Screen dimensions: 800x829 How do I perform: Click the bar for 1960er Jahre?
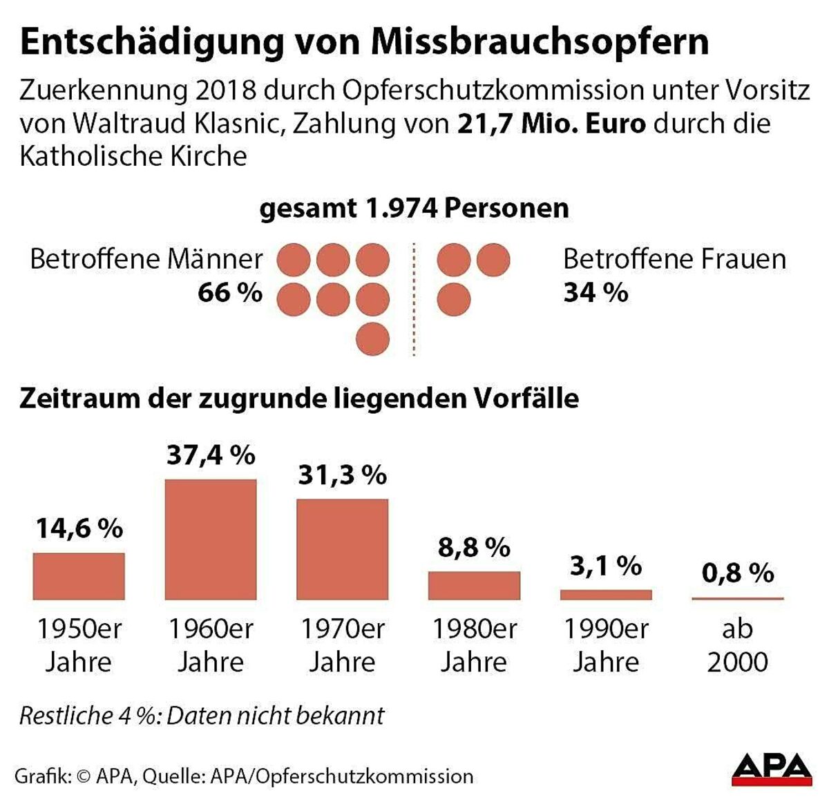(211, 540)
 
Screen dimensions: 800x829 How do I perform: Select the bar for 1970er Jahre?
(343, 549)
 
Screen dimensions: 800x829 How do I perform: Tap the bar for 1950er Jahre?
(79, 576)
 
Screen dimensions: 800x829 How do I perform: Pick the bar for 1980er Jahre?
(474, 586)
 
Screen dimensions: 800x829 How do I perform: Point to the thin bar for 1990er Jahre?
(606, 595)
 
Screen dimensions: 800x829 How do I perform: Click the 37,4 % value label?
(211, 455)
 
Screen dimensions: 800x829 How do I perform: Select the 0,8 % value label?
(738, 573)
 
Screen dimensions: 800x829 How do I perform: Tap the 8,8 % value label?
(474, 548)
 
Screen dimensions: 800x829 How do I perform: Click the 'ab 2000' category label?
(738, 645)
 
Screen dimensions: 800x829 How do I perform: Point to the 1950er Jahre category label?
(79, 645)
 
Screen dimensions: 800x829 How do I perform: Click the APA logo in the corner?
(772, 769)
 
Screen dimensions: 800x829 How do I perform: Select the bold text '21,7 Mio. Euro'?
(551, 124)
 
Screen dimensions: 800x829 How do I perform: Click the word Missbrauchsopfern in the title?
(540, 41)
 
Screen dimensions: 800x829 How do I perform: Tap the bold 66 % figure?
(230, 293)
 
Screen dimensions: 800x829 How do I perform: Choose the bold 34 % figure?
(595, 293)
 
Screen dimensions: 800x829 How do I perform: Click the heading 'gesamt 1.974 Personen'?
(414, 208)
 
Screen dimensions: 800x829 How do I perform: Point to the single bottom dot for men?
(373, 339)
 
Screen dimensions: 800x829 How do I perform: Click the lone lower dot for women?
(454, 300)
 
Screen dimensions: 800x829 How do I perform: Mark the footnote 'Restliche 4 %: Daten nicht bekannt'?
(202, 716)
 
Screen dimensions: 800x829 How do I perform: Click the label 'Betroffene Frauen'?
(674, 259)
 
